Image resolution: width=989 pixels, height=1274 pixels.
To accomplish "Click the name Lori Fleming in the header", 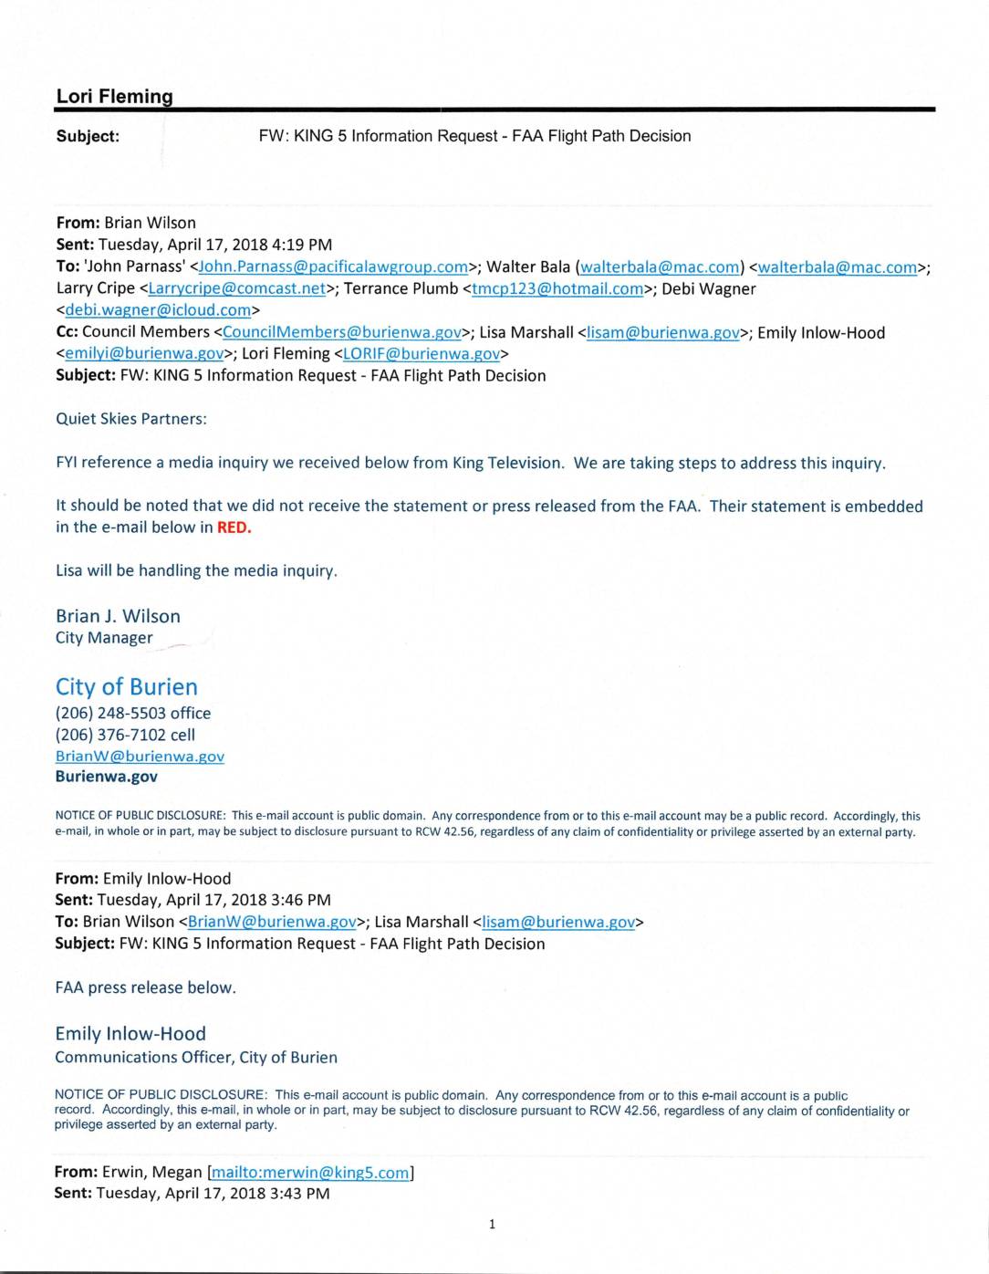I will pyautogui.click(x=114, y=97).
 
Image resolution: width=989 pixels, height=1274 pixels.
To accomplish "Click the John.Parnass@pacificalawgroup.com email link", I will pyautogui.click(x=332, y=267).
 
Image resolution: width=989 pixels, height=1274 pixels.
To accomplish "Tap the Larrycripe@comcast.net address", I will pyautogui.click(x=236, y=289).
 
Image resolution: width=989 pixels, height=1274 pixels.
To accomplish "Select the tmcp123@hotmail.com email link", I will pyautogui.click(x=557, y=289).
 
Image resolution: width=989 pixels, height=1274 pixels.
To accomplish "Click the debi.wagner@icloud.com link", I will pyautogui.click(x=158, y=310).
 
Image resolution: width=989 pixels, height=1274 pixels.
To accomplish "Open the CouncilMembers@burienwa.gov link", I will pyautogui.click(x=341, y=333).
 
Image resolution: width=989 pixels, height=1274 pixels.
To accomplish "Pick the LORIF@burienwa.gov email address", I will pyautogui.click(x=421, y=354).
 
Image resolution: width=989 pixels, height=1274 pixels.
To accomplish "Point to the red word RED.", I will pyautogui.click(x=234, y=527).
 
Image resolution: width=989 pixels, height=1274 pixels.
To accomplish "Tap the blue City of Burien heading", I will pyautogui.click(x=126, y=686).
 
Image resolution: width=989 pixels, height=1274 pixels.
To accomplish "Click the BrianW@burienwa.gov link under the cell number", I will pyautogui.click(x=140, y=757).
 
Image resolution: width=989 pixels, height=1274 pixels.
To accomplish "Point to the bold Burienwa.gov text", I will pyautogui.click(x=106, y=777).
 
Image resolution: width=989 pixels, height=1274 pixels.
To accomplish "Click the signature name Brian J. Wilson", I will pyautogui.click(x=118, y=616).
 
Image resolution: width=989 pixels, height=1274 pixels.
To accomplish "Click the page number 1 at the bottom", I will pyautogui.click(x=492, y=1225).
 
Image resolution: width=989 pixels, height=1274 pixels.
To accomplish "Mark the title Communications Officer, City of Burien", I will pyautogui.click(x=196, y=1058).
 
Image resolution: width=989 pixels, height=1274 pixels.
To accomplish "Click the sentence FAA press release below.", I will pyautogui.click(x=145, y=987).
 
